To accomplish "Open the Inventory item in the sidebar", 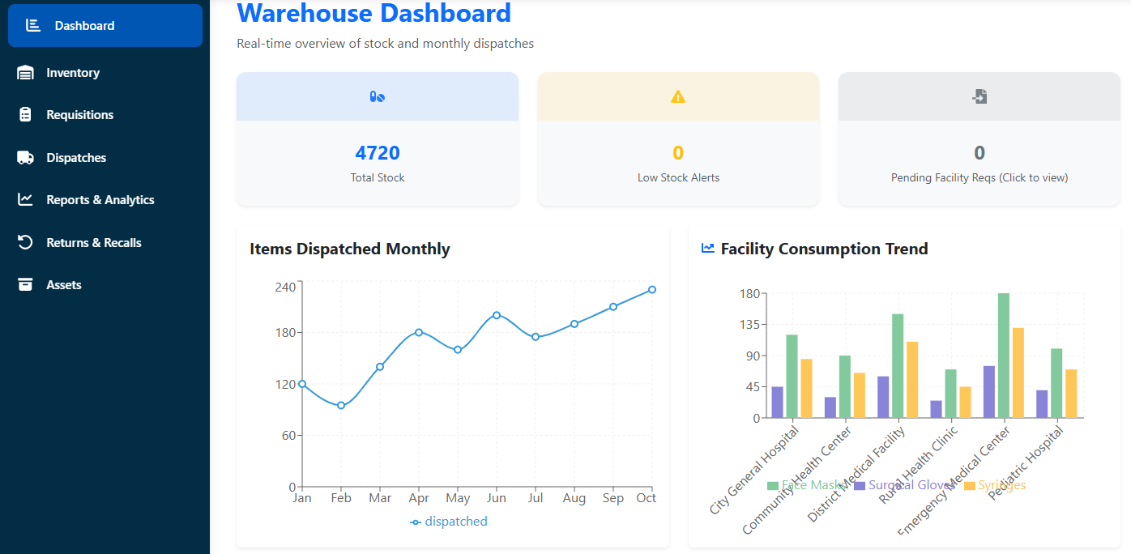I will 72,73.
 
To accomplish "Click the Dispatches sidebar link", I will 76,158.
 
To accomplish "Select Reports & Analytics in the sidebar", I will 100,200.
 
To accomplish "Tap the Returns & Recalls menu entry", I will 93,243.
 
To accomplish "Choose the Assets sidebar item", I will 63,285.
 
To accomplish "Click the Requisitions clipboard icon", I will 25,115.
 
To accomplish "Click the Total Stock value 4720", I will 378,153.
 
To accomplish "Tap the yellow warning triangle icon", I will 678,97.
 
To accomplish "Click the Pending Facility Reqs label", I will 979,177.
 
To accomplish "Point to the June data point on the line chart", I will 497,315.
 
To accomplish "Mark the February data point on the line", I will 341,406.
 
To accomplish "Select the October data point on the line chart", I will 652,289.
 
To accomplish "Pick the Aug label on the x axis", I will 574,498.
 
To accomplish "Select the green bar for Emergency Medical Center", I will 1004,356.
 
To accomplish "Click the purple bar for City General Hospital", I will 778,403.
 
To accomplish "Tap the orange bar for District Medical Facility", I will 912,380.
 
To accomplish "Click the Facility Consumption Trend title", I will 824,249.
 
